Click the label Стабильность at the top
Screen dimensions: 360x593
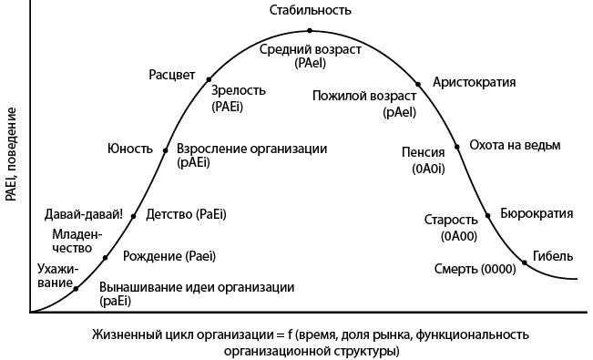[x=311, y=10]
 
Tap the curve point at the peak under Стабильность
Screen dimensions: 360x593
[x=311, y=31]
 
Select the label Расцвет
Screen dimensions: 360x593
[x=172, y=74]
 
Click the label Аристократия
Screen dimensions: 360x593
[x=475, y=82]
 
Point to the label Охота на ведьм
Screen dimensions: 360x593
[x=515, y=145]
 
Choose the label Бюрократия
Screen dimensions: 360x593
[x=537, y=214]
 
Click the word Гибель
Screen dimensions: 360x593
[x=555, y=255]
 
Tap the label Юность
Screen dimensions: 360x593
[x=129, y=149]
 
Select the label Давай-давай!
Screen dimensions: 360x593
[x=84, y=214]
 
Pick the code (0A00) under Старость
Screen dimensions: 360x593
[x=458, y=235]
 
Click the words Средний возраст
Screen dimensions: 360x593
[x=311, y=48]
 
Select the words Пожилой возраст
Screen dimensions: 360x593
[x=363, y=96]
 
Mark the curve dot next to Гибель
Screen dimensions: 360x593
[x=526, y=262]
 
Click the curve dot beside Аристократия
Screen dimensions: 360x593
[x=418, y=83]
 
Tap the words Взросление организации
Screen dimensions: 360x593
[x=250, y=149]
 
